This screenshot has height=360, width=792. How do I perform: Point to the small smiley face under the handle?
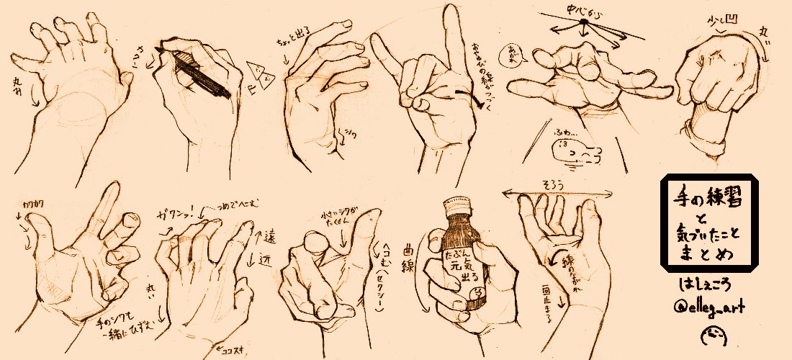coord(709,336)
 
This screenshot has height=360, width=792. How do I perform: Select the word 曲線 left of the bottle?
coord(413,256)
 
